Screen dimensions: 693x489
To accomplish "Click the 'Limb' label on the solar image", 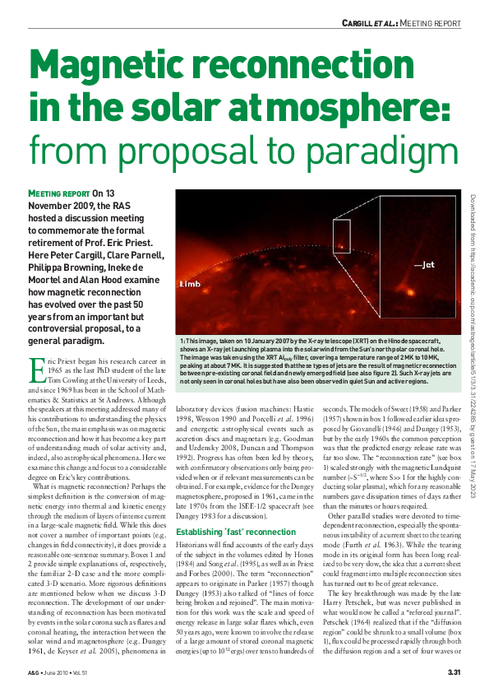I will pos(190,284).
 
